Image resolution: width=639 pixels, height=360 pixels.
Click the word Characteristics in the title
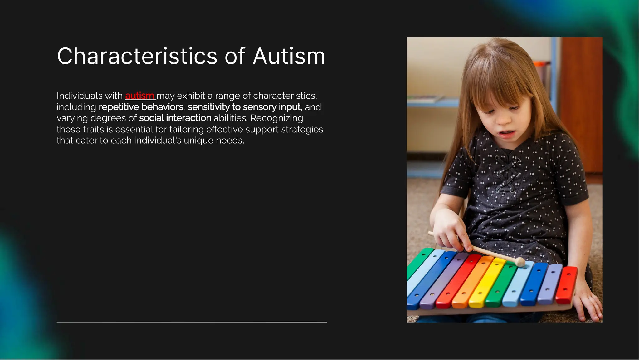[137, 57]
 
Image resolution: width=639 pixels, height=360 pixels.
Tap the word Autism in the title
[289, 57]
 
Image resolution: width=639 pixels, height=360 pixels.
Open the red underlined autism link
[139, 96]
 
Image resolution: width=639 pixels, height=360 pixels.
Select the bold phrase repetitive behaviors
[141, 107]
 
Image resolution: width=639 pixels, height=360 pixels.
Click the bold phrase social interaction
[175, 118]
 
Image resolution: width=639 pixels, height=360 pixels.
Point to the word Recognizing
[276, 118]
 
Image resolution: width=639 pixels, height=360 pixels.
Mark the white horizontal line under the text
[192, 322]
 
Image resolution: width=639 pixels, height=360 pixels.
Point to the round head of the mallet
[520, 262]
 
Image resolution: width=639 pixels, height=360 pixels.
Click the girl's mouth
[507, 134]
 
